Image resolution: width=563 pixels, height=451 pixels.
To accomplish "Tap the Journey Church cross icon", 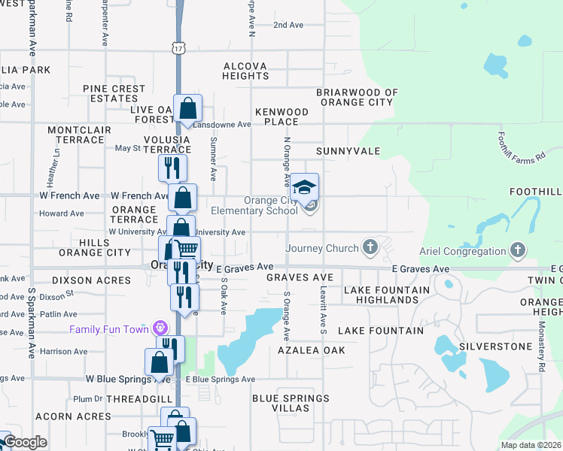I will pyautogui.click(x=370, y=247).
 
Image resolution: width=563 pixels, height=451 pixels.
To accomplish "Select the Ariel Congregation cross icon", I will pyautogui.click(x=517, y=250).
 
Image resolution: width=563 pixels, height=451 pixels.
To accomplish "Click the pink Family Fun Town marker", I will pyautogui.click(x=159, y=328).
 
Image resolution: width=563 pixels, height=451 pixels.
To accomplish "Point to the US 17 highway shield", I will pyautogui.click(x=178, y=48).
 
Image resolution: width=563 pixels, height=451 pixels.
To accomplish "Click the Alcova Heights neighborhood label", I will pyautogui.click(x=245, y=71).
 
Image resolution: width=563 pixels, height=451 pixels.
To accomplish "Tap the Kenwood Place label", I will pyautogui.click(x=281, y=117).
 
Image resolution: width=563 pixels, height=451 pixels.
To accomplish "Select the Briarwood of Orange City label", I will pyautogui.click(x=356, y=97).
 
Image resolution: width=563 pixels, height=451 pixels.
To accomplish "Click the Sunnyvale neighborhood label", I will pyautogui.click(x=348, y=151).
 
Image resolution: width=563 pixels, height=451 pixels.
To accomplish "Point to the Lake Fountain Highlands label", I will pyautogui.click(x=381, y=295).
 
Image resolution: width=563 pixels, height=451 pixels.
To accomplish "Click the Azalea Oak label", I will pyautogui.click(x=311, y=350).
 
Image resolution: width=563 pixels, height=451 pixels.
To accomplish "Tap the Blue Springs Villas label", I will pyautogui.click(x=291, y=403).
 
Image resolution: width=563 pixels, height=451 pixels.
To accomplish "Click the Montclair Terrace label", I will pyautogui.click(x=75, y=135).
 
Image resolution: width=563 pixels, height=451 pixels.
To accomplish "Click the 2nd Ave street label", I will pyautogui.click(x=288, y=25).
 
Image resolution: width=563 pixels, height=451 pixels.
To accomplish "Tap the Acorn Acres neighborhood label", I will pyautogui.click(x=73, y=416).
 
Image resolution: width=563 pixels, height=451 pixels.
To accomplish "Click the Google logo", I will pyautogui.click(x=26, y=442).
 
